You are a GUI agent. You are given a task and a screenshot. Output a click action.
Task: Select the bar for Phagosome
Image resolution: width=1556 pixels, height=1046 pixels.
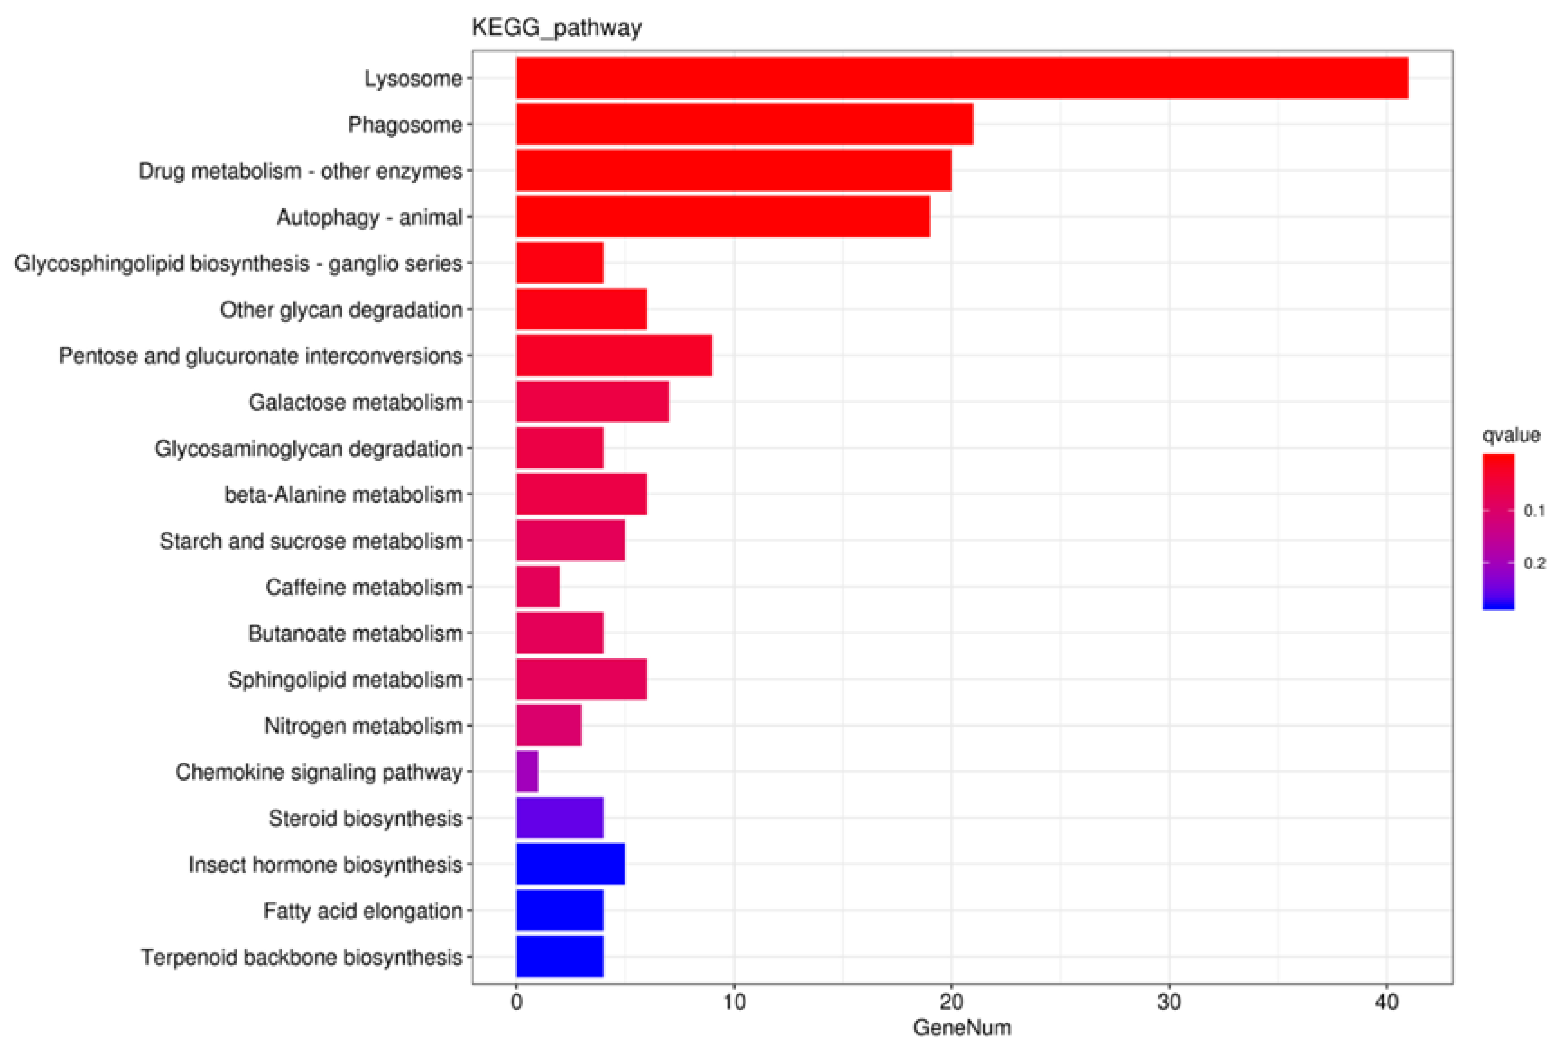click(744, 124)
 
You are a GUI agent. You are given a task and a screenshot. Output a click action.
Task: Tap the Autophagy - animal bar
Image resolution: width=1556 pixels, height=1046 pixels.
click(722, 217)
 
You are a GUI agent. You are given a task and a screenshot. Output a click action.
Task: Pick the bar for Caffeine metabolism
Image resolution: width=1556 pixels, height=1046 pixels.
click(537, 586)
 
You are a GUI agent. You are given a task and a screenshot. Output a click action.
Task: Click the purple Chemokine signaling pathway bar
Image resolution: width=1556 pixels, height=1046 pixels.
click(527, 771)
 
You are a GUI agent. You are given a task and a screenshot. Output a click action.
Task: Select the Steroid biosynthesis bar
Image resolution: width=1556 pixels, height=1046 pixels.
click(559, 817)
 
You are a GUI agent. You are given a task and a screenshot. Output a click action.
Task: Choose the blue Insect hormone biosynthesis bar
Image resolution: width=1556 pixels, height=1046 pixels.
click(570, 864)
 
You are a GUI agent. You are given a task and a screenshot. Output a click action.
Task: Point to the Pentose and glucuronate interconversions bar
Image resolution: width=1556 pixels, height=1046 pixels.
click(614, 356)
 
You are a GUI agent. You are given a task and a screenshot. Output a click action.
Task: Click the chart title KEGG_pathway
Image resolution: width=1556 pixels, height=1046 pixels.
click(556, 28)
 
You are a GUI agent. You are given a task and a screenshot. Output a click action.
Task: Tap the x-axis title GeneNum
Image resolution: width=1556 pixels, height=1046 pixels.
click(961, 1027)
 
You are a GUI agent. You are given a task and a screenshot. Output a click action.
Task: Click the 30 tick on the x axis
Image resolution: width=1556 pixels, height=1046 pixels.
click(1168, 1003)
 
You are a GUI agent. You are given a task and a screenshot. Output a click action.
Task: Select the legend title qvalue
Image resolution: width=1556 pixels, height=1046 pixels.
click(1511, 435)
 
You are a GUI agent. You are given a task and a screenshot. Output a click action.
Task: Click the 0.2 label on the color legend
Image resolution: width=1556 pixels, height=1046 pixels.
click(1534, 564)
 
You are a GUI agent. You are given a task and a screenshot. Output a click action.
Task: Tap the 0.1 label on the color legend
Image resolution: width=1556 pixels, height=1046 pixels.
click(1534, 511)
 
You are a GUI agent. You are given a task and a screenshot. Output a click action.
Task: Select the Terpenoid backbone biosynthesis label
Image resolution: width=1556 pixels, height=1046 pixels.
click(301, 957)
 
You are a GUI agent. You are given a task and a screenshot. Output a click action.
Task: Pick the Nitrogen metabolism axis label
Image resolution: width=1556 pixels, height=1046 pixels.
click(363, 725)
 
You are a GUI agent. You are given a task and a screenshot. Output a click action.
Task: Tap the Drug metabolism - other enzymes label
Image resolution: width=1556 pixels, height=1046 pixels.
click(300, 171)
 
